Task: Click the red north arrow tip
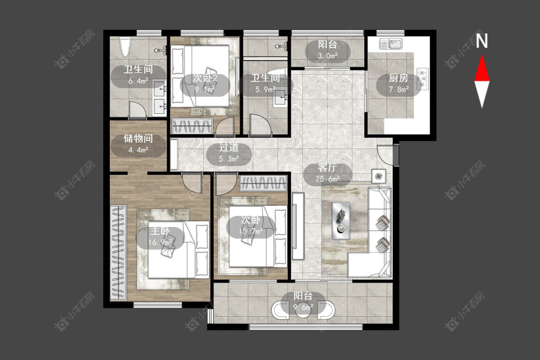pos(482,55)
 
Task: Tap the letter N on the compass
pos(482,41)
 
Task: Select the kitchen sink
pos(391,44)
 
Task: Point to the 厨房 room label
pos(398,78)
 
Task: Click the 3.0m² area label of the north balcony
pos(327,56)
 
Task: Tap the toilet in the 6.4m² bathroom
pos(125,47)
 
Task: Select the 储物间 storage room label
pos(138,139)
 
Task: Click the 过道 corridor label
pos(229,147)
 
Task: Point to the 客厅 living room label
pos(327,168)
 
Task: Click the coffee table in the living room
pos(341,221)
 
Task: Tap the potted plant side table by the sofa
pos(379,176)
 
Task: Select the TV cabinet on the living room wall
pos(298,226)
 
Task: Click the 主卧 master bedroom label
pos(160,231)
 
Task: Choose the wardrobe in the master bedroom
pos(118,253)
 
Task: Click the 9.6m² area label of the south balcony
pos(303,307)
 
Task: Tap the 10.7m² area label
pos(251,231)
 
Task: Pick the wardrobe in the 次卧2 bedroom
pos(192,125)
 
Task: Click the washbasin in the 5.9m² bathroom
pos(280,99)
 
